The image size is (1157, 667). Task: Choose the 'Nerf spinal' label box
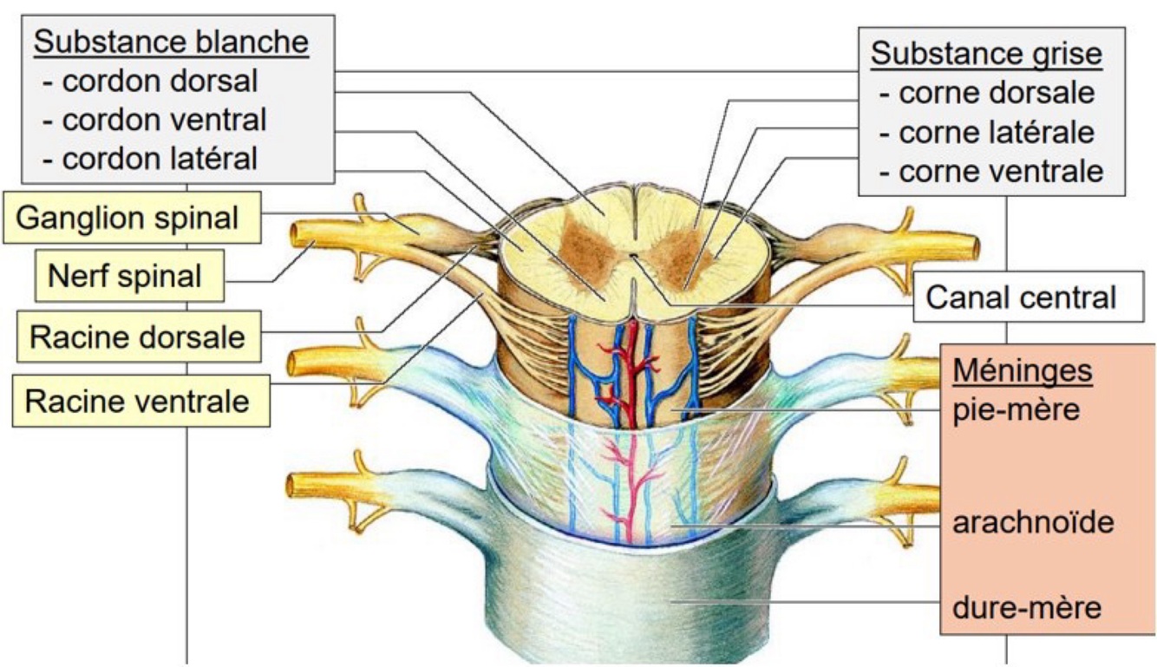click(125, 277)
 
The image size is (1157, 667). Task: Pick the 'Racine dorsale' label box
click(137, 337)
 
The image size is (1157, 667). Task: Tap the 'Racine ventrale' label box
click(137, 402)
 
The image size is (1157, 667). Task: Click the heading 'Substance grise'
click(986, 53)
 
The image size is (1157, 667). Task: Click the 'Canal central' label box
click(1021, 298)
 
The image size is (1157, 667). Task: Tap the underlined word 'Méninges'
click(1023, 370)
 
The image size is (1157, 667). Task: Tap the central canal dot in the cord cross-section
click(634, 256)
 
